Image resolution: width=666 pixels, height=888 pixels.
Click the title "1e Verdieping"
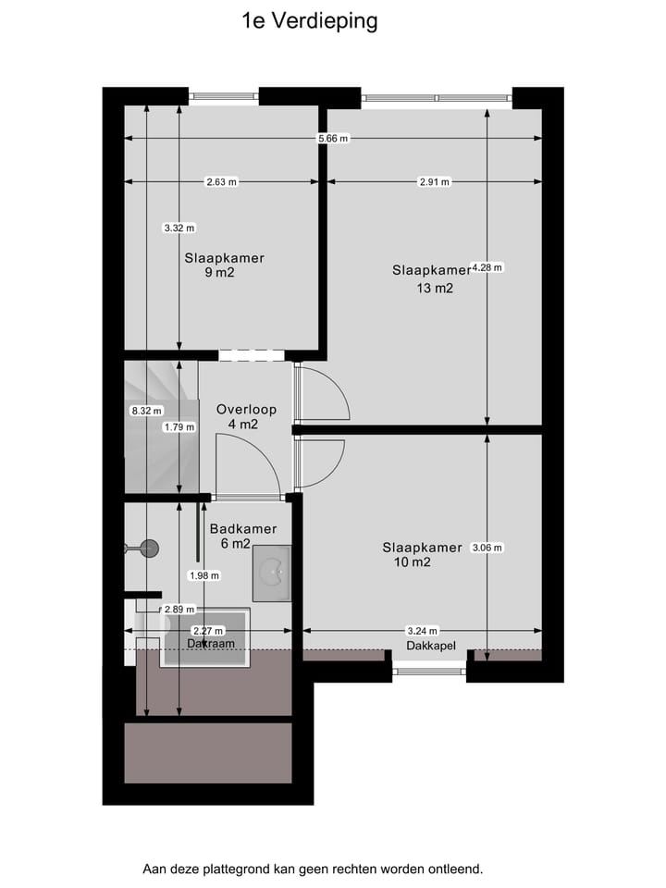(x=309, y=21)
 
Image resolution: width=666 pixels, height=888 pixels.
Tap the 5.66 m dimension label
(x=333, y=139)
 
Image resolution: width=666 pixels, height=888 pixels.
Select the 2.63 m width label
(x=221, y=182)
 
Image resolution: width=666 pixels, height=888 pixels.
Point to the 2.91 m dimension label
(x=434, y=182)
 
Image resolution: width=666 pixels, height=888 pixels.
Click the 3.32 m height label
(x=179, y=228)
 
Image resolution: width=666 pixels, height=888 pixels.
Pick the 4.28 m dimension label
(x=487, y=267)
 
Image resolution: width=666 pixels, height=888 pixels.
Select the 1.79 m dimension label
(x=179, y=427)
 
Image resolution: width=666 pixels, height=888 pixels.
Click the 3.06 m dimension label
(x=487, y=548)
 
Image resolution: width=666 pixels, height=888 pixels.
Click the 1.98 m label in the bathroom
(x=203, y=575)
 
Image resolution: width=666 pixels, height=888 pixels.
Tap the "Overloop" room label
(x=246, y=409)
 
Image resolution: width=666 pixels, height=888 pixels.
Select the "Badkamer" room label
(x=242, y=529)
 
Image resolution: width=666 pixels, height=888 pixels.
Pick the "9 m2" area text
(x=220, y=272)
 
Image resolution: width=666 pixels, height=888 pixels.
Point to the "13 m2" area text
(x=435, y=288)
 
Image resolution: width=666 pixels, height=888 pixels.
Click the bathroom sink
(x=272, y=573)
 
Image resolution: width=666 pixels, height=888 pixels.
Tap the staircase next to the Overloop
(x=162, y=427)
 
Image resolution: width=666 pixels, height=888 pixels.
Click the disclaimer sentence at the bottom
(x=313, y=869)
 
